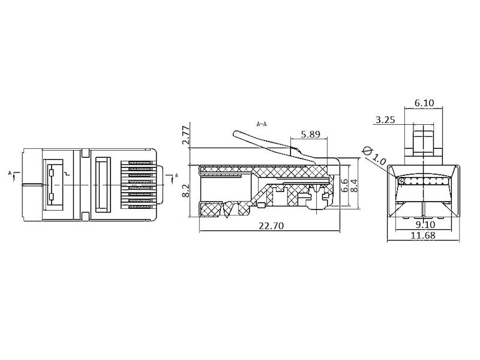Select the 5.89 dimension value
(310, 135)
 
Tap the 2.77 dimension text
(187, 137)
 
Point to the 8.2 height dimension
(187, 191)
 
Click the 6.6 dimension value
(344, 185)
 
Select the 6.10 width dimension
(424, 103)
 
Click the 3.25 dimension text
(385, 119)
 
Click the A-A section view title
(262, 125)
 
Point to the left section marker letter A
(10, 173)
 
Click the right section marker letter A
(176, 176)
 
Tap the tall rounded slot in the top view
(101, 184)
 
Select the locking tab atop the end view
(424, 137)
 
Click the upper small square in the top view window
(52, 172)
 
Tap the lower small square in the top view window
(52, 197)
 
